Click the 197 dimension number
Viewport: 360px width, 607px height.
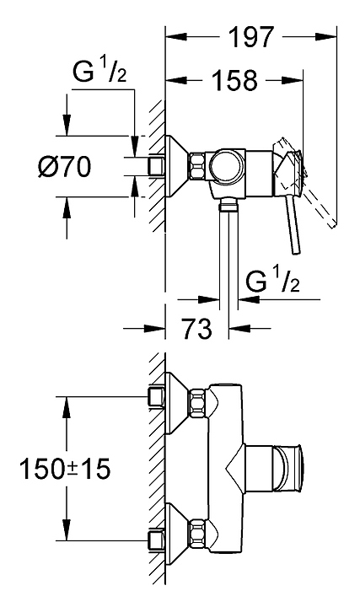(x=251, y=37)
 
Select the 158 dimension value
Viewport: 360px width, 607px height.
(x=235, y=81)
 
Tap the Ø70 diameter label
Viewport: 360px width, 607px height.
(x=65, y=166)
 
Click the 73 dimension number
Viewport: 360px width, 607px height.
(x=197, y=329)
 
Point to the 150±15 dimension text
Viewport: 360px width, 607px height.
(x=65, y=468)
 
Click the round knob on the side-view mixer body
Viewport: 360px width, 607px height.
(x=226, y=166)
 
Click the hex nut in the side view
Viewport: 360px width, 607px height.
(x=197, y=166)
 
